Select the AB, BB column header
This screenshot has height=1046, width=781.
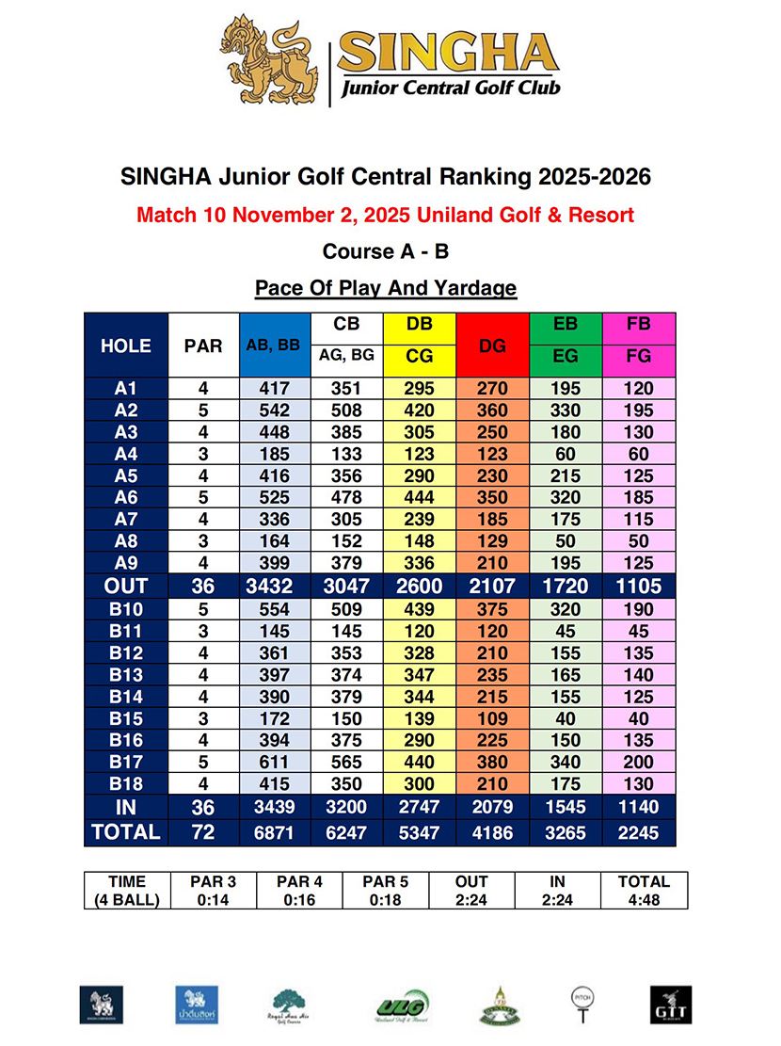coord(273,346)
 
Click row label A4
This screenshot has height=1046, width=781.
coord(125,454)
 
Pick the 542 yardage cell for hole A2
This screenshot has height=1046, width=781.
coord(274,410)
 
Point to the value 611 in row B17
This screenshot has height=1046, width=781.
coord(274,763)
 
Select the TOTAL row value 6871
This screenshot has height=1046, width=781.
coord(274,832)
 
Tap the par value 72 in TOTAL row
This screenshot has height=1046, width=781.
coord(203,832)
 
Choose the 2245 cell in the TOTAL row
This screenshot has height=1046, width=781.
coord(640,832)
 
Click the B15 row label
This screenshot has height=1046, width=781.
coord(125,717)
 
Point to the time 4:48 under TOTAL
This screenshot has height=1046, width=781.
coord(644,899)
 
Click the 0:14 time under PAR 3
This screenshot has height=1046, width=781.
coord(212,899)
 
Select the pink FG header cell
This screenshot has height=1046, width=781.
coord(640,357)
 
